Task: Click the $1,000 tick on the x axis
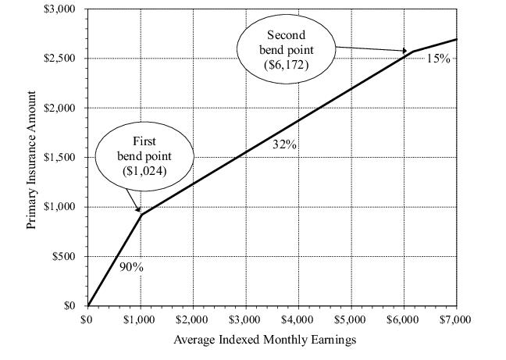tap(141, 319)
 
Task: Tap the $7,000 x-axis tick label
tap(454, 319)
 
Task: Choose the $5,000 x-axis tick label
tap(350, 319)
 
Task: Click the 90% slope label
tap(131, 266)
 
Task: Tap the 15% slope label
tap(438, 59)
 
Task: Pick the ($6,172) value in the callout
tap(287, 64)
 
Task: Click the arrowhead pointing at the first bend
tap(139, 210)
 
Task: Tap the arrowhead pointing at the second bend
tap(405, 52)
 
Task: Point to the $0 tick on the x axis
tap(88, 319)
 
